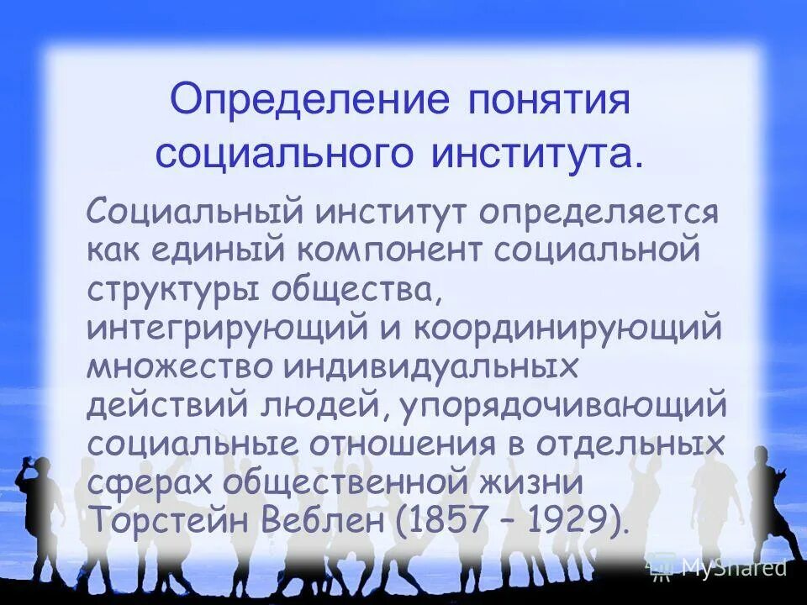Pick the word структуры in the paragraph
173,291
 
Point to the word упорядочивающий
562,406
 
